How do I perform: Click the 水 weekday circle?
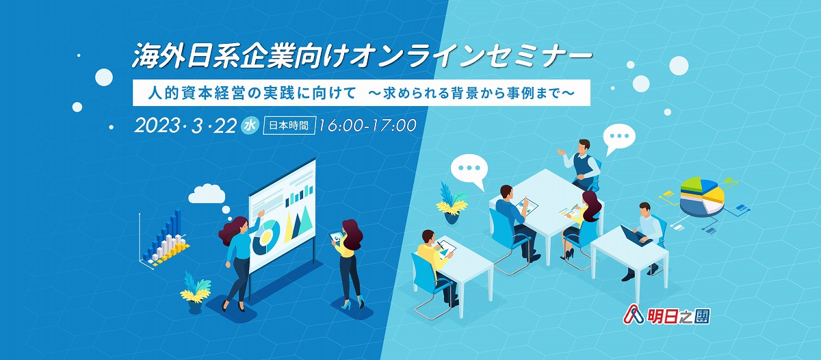coord(250,125)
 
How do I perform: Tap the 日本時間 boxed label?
coord(289,126)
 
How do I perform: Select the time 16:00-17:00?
coord(367,125)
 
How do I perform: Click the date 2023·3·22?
coord(185,126)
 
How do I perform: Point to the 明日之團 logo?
coord(666,316)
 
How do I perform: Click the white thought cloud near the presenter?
coord(207,194)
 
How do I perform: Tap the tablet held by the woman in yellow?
coord(336,236)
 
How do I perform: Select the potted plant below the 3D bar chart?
coord(195,292)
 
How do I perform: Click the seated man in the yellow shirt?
coord(437,266)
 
